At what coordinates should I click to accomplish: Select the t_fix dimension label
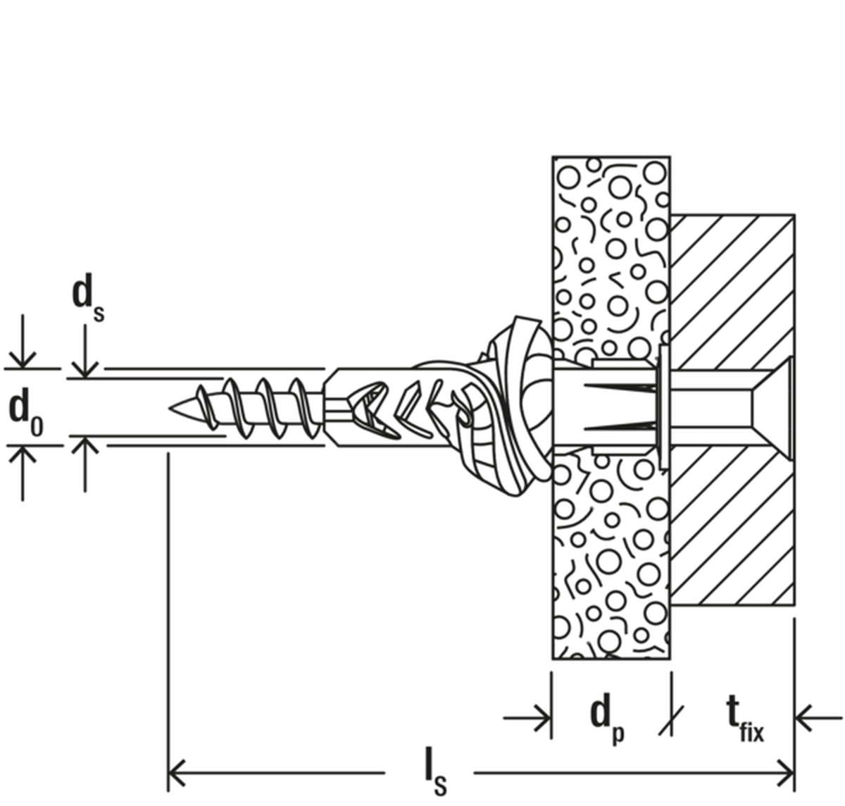coord(745,720)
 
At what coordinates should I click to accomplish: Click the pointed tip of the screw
coord(171,408)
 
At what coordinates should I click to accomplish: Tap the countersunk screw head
coord(770,408)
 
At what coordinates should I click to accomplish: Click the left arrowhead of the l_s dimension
coord(175,773)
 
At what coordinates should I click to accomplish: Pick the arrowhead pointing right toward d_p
coord(542,717)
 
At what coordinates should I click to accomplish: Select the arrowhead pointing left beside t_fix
coord(803,717)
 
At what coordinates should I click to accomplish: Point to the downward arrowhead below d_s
coord(85,370)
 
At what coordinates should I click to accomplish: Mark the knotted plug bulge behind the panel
coord(515,406)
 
